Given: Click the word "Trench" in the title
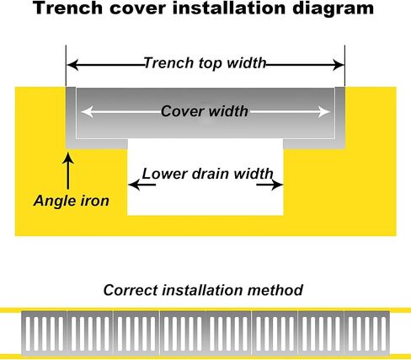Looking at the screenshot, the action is tap(67, 8).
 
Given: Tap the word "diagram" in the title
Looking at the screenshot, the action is tap(333, 8).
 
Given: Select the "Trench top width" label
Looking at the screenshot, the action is tap(205, 63).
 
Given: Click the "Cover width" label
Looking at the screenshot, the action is tap(205, 111).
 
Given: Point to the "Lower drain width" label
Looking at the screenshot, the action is tap(207, 174).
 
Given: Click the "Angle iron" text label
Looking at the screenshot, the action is tap(72, 201).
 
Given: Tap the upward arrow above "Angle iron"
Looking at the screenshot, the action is tap(68, 170).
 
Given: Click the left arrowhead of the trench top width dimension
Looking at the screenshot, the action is tap(72, 65).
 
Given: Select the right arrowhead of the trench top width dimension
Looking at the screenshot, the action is tap(338, 65).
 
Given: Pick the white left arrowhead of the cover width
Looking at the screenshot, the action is tap(87, 112).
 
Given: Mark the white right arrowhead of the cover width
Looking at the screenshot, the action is tap(324, 112).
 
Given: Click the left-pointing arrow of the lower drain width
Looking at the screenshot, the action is tap(141, 185).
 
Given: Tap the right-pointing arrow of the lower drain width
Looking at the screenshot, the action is tap(270, 185).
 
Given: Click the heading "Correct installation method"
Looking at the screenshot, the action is tap(203, 290).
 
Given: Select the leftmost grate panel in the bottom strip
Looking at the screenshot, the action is tap(45, 333).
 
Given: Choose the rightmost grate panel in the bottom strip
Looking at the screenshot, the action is tap(367, 333).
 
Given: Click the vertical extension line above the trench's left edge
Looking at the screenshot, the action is tap(66, 66).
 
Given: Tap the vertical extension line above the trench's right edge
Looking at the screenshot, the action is tap(344, 66).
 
